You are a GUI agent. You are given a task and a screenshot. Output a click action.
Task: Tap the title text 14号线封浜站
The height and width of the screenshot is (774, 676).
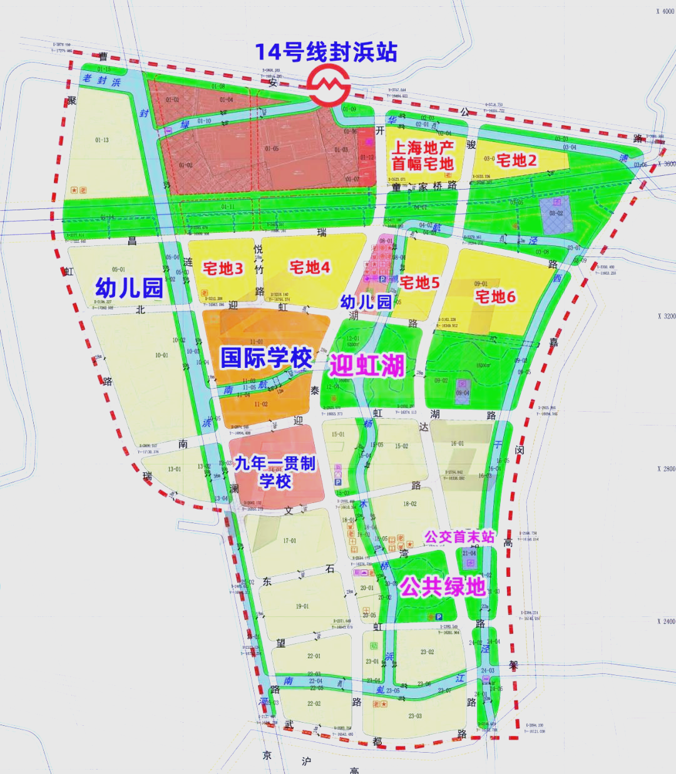point(326,52)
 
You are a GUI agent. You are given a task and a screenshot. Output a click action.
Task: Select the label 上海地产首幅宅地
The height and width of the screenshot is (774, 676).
point(422,156)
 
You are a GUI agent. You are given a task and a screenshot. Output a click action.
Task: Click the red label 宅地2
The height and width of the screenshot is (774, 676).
point(516,161)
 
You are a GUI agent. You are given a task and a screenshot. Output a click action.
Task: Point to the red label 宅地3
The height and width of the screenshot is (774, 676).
point(223,269)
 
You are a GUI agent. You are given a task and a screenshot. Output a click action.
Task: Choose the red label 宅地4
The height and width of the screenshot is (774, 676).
point(310,268)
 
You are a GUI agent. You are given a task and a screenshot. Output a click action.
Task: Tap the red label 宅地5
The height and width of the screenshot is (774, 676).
point(419,283)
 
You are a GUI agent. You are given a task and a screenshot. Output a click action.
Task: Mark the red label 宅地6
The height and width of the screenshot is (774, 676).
point(495,297)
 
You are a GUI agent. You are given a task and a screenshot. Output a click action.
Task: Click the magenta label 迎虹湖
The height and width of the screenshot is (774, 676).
point(367,365)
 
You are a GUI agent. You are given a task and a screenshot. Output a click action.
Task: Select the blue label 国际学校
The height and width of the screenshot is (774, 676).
point(267,359)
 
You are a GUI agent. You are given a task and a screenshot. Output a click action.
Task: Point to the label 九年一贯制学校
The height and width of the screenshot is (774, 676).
point(275,472)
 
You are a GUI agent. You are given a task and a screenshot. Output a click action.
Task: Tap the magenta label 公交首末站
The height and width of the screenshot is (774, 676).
point(459,537)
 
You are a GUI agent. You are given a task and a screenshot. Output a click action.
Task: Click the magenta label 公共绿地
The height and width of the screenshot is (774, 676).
point(443,586)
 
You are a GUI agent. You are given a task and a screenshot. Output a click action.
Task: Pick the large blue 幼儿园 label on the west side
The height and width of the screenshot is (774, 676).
point(129,288)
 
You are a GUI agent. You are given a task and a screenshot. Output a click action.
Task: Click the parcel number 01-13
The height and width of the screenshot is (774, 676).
point(102,140)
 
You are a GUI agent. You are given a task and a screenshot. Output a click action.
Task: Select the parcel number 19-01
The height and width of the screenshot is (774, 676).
point(302,606)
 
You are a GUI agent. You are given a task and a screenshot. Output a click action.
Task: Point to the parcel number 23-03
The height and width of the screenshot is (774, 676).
point(415,716)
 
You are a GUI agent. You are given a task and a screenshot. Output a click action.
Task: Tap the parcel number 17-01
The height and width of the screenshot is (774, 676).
point(289,541)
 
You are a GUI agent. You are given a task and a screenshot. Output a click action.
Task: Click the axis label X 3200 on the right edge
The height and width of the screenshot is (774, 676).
point(666,317)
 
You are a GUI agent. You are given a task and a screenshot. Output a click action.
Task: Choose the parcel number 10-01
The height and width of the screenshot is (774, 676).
point(161,355)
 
